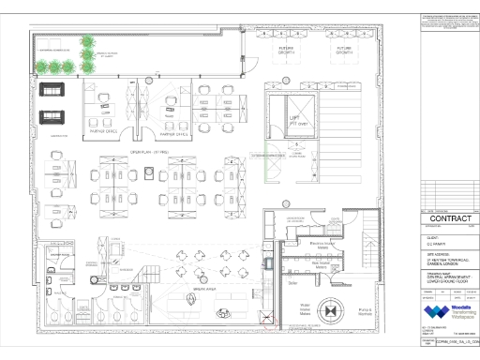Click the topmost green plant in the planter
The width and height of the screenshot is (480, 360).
pos(89,42)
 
